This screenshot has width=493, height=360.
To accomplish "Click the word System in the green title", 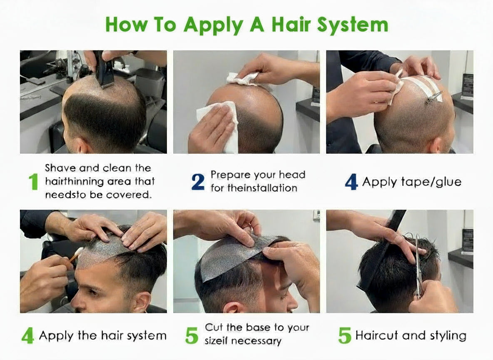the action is click(x=353, y=25).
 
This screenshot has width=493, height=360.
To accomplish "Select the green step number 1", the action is click(x=33, y=182).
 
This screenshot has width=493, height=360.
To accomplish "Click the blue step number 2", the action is click(x=198, y=182).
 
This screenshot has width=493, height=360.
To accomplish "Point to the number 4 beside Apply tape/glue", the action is click(x=351, y=182).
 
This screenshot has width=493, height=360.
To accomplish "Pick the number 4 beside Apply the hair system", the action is click(x=27, y=335).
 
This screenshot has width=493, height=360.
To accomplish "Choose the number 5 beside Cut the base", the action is click(x=192, y=335).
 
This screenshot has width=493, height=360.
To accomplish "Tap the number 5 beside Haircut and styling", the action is click(x=344, y=335).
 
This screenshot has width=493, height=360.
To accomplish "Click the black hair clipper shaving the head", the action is click(x=104, y=67).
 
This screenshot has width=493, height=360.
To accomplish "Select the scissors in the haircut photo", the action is click(x=418, y=267).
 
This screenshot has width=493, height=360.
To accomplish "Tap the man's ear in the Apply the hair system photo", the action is click(x=142, y=302).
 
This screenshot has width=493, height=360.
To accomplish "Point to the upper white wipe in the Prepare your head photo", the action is click(x=243, y=79).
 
